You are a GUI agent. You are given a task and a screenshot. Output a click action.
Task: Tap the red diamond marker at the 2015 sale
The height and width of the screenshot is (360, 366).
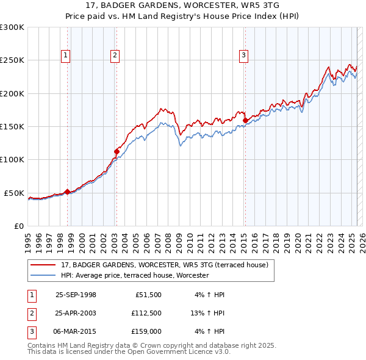click(x=245, y=121)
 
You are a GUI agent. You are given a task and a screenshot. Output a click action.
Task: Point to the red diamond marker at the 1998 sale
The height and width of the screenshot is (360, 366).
click(x=67, y=192)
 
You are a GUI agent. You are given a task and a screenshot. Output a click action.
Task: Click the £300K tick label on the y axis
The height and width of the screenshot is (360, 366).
click(x=12, y=27)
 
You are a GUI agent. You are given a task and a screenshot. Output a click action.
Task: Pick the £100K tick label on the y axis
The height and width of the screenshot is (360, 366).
click(x=12, y=159)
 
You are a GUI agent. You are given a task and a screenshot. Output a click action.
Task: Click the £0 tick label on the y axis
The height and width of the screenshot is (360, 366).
click(x=18, y=226)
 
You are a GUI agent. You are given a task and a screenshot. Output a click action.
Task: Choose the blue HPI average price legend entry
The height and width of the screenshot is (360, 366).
click(x=135, y=275)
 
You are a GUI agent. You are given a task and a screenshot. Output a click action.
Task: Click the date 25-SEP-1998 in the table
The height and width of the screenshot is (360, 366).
click(x=76, y=295)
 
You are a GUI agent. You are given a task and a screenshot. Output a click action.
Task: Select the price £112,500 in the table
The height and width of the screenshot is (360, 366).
click(x=145, y=314)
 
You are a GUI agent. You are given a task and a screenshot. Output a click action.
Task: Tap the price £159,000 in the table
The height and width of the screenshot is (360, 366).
click(x=145, y=333)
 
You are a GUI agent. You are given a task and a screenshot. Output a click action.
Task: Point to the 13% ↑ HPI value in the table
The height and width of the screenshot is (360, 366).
click(x=208, y=314)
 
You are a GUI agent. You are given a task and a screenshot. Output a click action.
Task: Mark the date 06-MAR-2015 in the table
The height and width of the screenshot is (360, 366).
click(x=76, y=333)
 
